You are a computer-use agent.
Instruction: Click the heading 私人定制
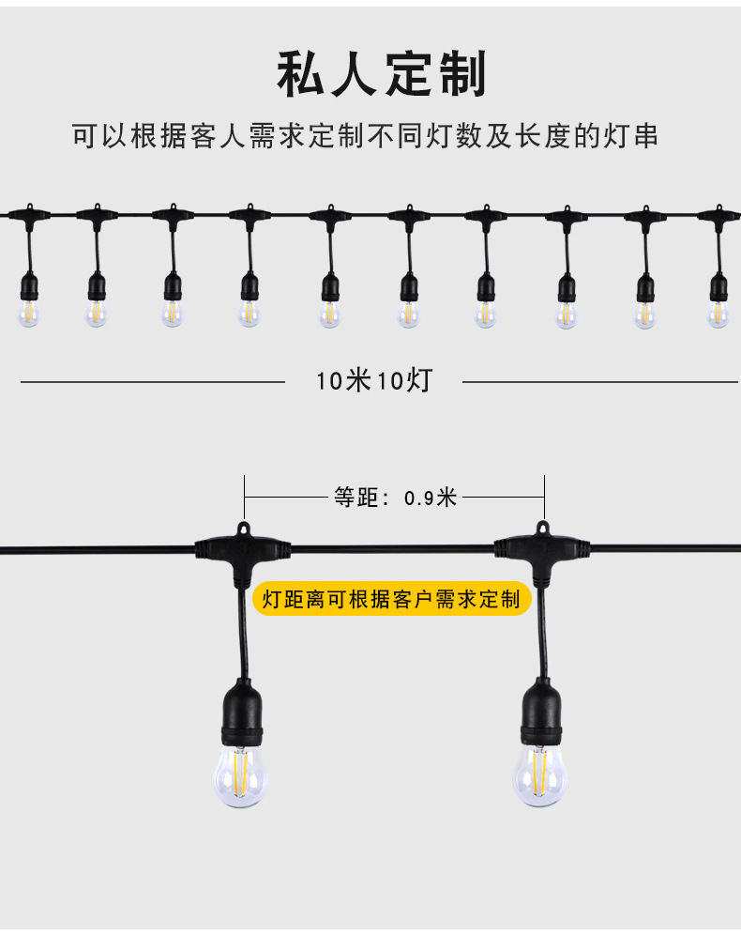[382, 76]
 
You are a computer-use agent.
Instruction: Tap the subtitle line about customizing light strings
[366, 136]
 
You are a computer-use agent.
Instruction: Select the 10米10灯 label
[373, 381]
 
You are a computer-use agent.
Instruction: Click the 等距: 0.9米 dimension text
[395, 498]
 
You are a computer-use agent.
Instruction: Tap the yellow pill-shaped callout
[391, 599]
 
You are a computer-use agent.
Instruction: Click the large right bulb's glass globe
[538, 773]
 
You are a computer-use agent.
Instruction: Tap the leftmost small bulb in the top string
[28, 313]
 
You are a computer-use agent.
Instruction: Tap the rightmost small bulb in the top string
[718, 313]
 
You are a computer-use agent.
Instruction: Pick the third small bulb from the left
[172, 313]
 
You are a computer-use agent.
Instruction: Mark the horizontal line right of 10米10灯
[600, 382]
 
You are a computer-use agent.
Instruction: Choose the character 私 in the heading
[302, 76]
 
